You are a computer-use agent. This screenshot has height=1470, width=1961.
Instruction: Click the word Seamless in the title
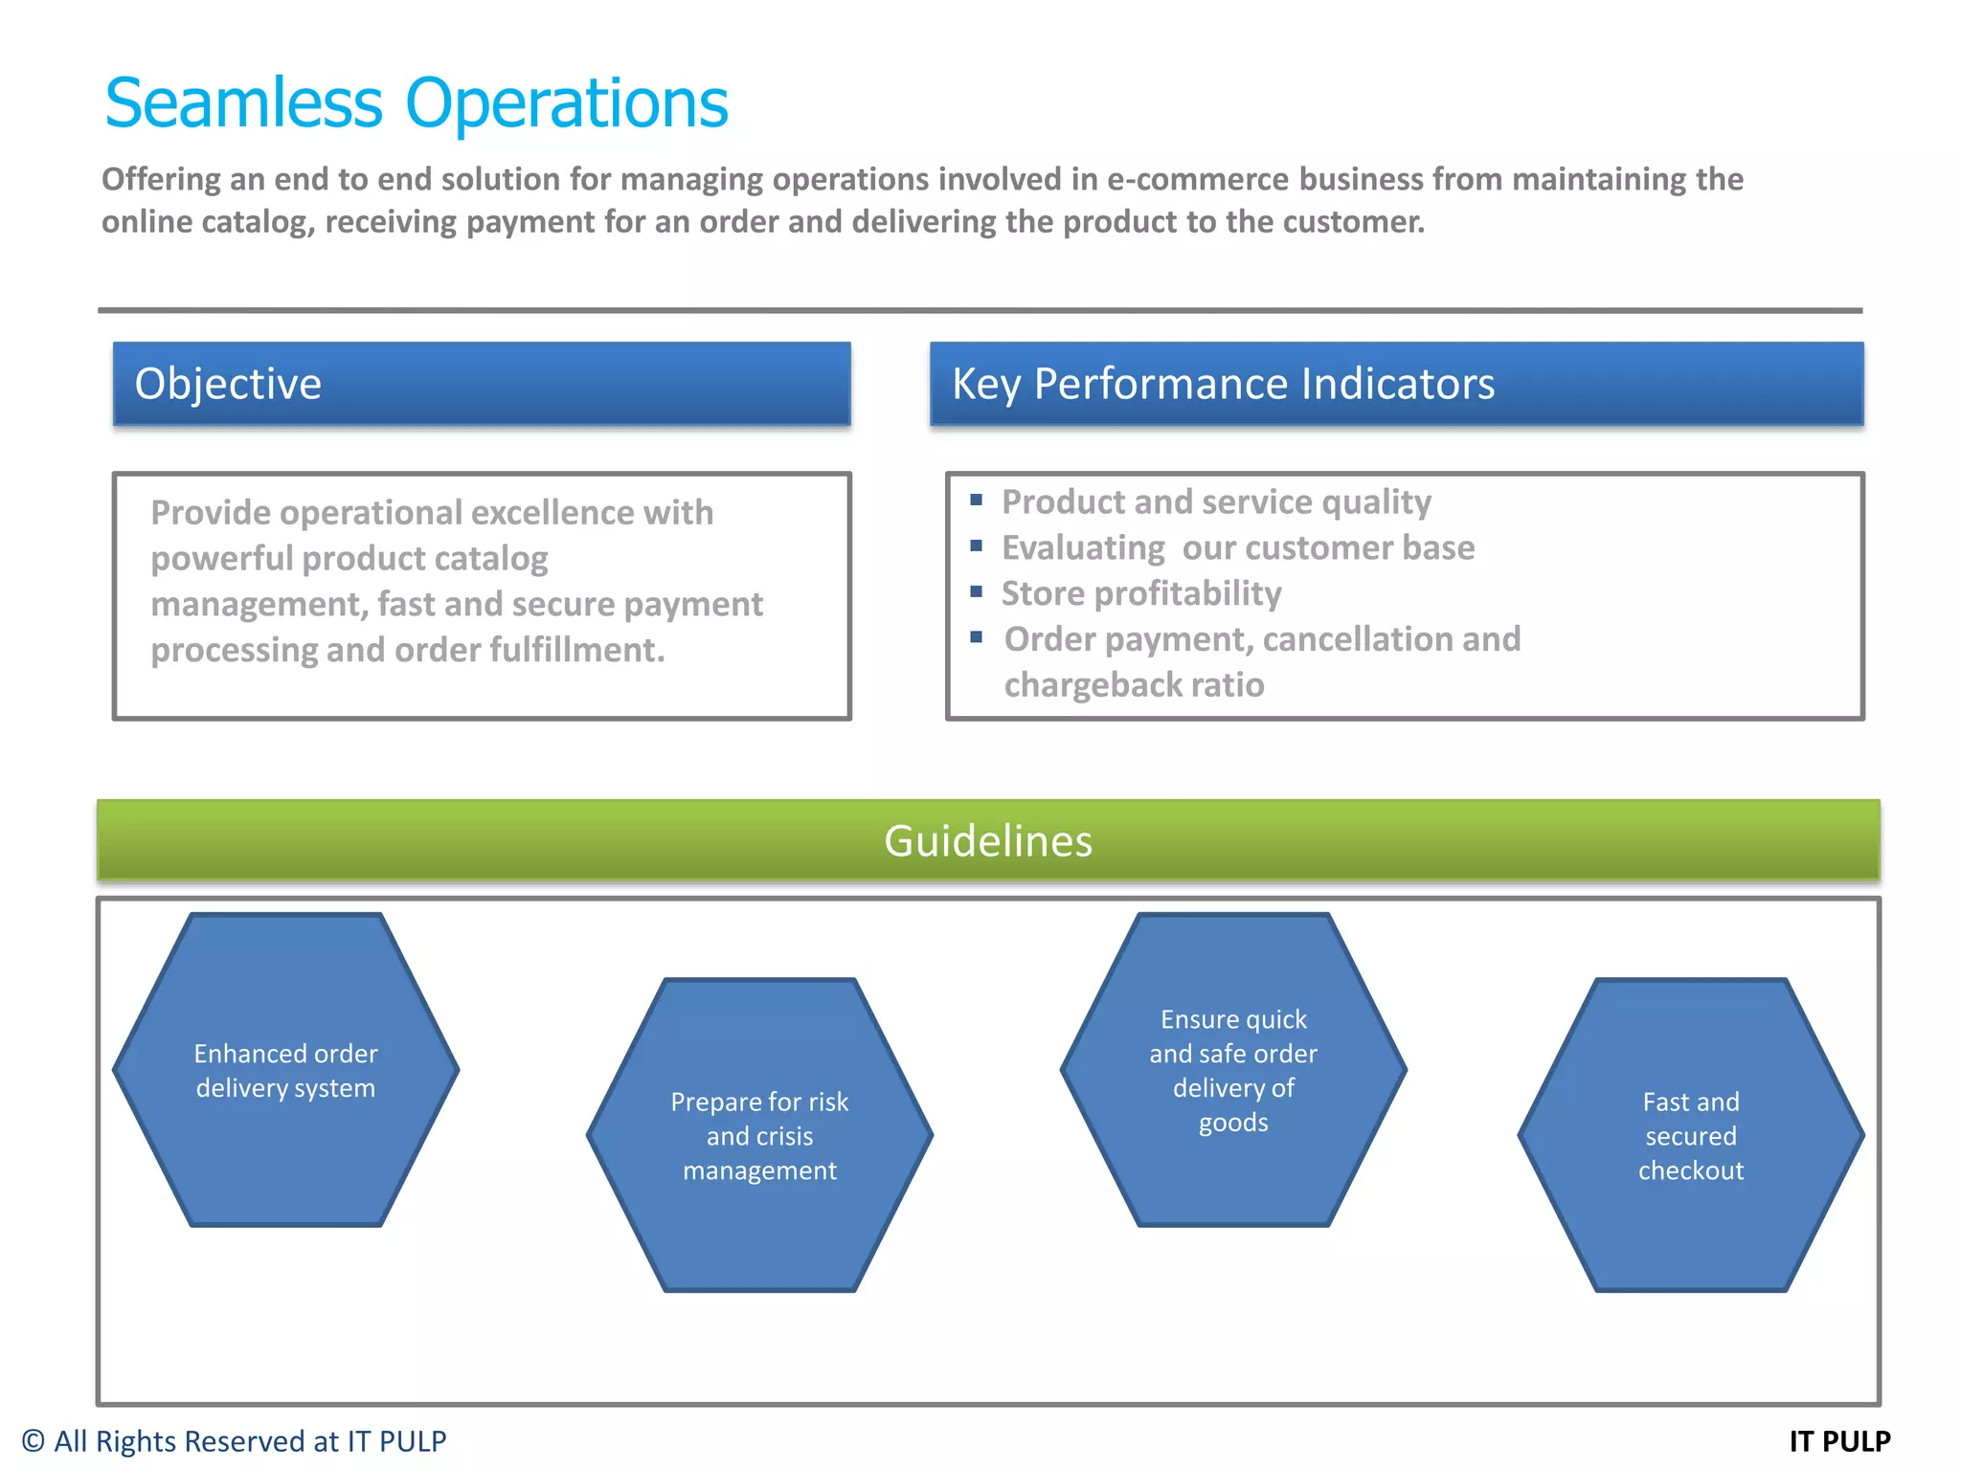pos(243,103)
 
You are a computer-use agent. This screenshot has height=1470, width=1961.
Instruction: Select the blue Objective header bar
pos(482,384)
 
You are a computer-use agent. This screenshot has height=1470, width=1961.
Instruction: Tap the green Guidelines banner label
pos(987,841)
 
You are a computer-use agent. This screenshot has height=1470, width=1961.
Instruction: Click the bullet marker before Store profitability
pos(976,591)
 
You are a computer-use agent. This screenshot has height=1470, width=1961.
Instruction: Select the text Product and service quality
pos(1216,501)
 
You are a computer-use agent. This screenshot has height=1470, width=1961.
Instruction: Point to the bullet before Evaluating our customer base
pos(976,546)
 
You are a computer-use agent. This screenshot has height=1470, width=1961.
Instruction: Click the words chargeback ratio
pos(1134,685)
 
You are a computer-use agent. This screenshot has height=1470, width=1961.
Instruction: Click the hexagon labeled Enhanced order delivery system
pos(285,1070)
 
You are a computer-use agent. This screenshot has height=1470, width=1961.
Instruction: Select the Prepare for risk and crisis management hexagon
pos(759,1135)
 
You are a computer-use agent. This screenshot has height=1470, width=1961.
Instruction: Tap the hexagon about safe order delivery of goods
pos(1233,1070)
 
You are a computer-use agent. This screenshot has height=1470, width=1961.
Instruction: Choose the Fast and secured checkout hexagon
pos(1691,1135)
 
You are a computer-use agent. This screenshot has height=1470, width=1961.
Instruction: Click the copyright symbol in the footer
pos(34,1441)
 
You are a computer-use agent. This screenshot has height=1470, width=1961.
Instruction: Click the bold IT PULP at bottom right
pos(1839,1441)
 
